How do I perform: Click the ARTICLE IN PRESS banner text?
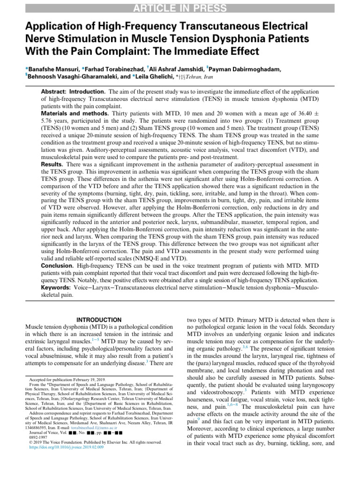180,8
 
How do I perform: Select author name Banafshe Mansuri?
52,69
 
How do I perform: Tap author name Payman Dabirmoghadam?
248,69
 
